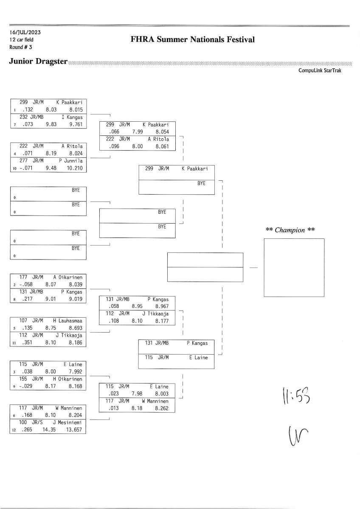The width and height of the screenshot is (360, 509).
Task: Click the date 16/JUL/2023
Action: pyautogui.click(x=25, y=32)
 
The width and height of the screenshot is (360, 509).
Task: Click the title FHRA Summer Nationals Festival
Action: pyautogui.click(x=193, y=40)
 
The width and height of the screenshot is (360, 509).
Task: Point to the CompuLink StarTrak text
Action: pyautogui.click(x=320, y=70)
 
